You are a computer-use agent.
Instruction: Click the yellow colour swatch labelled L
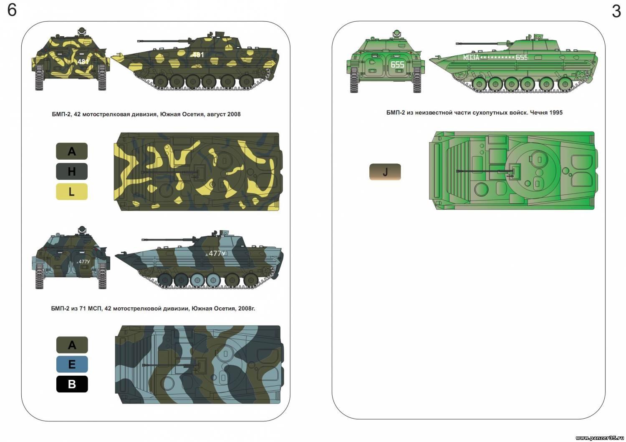[x=72, y=191]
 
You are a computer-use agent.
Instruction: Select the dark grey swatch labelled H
[x=72, y=171]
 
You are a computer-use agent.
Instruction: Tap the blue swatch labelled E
[x=72, y=364]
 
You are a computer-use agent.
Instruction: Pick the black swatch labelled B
[x=72, y=384]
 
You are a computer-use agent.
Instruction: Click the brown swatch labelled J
[x=385, y=172]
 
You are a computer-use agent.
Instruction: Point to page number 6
[x=12, y=10]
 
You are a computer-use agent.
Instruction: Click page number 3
[x=616, y=11]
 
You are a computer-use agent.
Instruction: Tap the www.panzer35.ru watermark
[x=599, y=438]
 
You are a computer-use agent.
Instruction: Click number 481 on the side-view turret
[x=198, y=55]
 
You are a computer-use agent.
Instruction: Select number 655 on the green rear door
[x=397, y=65]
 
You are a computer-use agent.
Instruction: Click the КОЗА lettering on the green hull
[x=471, y=57]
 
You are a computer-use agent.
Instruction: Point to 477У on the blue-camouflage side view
[x=217, y=253]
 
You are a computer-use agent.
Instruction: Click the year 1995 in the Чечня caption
[x=556, y=113]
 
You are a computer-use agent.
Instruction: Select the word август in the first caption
[x=216, y=114]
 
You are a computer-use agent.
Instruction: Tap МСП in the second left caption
[x=94, y=309]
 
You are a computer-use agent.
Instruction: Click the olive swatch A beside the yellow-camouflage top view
[x=72, y=151]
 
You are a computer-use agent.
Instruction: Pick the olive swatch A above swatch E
[x=72, y=345]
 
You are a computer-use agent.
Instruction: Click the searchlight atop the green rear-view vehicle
[x=396, y=33]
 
